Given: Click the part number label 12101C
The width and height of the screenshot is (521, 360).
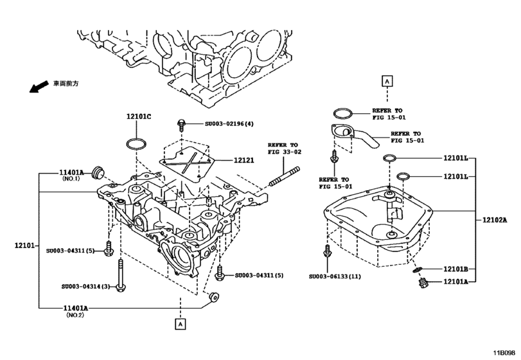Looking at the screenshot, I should (138, 116).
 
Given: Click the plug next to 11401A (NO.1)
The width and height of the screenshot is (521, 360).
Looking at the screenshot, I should (98, 172).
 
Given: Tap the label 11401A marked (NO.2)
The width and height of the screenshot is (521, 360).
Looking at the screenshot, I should (75, 309).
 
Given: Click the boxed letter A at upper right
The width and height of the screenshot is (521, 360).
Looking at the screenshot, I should (387, 81).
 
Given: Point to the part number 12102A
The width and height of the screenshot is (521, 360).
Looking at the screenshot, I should (495, 220).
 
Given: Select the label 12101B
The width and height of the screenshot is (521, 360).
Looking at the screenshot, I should (455, 269).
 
